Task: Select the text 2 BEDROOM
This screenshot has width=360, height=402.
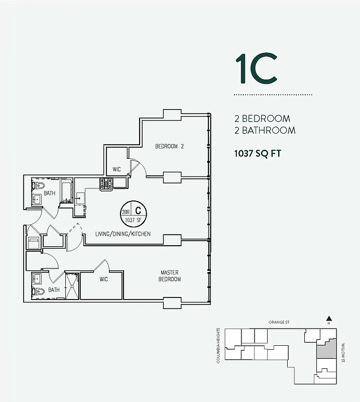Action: tap(262, 119)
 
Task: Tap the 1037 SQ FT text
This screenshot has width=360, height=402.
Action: tap(257, 154)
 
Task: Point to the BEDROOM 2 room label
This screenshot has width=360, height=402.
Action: tap(169, 147)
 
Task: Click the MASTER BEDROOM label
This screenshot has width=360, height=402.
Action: tap(170, 276)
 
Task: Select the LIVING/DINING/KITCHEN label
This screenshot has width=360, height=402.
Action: tap(123, 234)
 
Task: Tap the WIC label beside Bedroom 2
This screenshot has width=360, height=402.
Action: tap(116, 169)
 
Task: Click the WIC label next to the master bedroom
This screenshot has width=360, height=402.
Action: tap(104, 279)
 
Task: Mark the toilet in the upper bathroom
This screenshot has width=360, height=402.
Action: tap(35, 186)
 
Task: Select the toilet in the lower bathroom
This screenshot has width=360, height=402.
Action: tap(35, 291)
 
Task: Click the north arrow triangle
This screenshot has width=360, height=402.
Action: tap(329, 318)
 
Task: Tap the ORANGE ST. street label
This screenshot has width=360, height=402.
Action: tap(280, 322)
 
